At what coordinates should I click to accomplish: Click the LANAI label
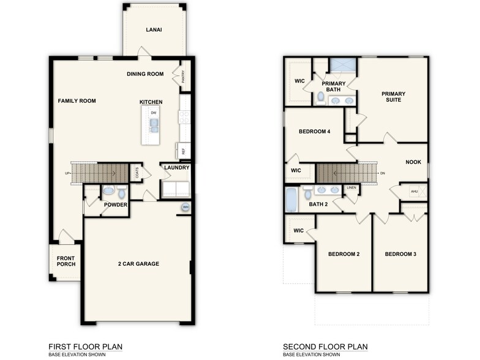[x=154, y=29]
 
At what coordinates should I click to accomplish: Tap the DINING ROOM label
[x=145, y=74]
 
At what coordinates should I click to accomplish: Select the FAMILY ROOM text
[x=77, y=101]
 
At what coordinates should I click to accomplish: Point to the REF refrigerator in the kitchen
[x=182, y=151]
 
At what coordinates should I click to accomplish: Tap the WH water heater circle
[x=186, y=208]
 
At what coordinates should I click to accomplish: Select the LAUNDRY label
[x=176, y=168]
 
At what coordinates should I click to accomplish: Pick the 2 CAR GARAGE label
[x=138, y=264]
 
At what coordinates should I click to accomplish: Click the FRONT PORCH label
[x=66, y=261]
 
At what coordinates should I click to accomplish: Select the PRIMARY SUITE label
[x=393, y=97]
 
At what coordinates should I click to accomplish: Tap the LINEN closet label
[x=351, y=188]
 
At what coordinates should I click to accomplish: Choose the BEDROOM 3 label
[x=400, y=254]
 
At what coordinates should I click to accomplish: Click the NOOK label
[x=413, y=162]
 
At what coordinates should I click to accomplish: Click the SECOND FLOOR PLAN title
[x=325, y=347]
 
